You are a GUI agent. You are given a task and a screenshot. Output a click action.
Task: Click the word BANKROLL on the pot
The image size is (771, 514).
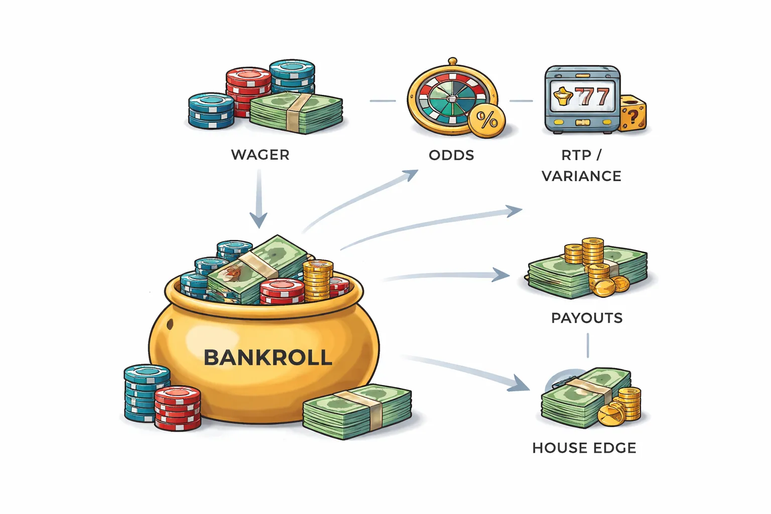pyautogui.click(x=268, y=357)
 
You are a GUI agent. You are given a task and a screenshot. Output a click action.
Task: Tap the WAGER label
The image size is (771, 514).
pyautogui.click(x=260, y=155)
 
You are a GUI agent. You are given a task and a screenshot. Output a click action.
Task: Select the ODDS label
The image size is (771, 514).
pyautogui.click(x=451, y=155)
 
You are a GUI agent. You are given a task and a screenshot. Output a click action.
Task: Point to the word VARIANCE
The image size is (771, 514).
pyautogui.click(x=581, y=176)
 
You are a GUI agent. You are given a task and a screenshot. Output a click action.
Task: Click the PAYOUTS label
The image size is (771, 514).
pyautogui.click(x=587, y=318)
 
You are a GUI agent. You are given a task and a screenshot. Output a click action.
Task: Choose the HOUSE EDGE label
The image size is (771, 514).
pyautogui.click(x=584, y=448)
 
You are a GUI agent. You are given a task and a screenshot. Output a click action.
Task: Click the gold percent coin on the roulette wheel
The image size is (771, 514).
pyautogui.click(x=486, y=120)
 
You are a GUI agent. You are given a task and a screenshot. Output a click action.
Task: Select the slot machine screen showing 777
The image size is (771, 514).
pyautogui.click(x=582, y=96)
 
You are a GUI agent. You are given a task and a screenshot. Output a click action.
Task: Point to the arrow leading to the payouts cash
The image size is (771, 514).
pyautogui.click(x=447, y=276)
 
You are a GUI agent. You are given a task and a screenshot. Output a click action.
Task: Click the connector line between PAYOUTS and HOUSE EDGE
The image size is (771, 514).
pyautogui.click(x=588, y=346)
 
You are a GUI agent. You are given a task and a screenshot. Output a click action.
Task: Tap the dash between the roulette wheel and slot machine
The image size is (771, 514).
pyautogui.click(x=521, y=101)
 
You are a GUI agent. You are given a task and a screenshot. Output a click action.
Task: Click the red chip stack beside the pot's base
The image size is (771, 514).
pyautogui.click(x=177, y=408)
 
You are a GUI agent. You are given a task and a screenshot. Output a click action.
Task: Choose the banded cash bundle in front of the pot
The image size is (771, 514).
pyautogui.click(x=357, y=412)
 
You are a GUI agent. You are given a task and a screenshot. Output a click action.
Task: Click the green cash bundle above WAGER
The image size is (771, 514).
pyautogui.click(x=297, y=112)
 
